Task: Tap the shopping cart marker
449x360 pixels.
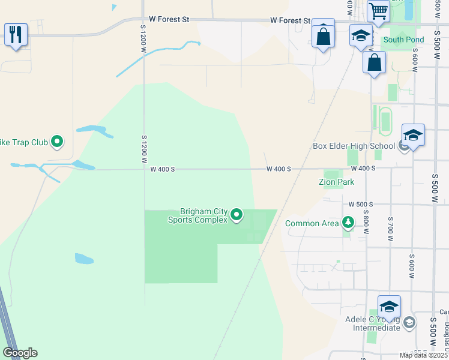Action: click(378, 11)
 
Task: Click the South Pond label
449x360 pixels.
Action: click(403, 40)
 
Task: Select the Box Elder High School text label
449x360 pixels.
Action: click(354, 146)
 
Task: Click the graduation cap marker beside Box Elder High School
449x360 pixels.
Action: click(413, 135)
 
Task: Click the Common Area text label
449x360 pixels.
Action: click(312, 224)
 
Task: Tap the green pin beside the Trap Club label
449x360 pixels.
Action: click(57, 142)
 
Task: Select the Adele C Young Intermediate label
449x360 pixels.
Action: click(373, 323)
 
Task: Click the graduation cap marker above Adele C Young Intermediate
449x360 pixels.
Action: click(389, 307)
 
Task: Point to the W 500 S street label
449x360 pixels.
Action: click(360, 204)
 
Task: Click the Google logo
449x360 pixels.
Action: click(20, 353)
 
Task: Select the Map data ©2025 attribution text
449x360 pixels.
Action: click(424, 355)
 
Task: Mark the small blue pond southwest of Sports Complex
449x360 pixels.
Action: click(84, 259)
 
